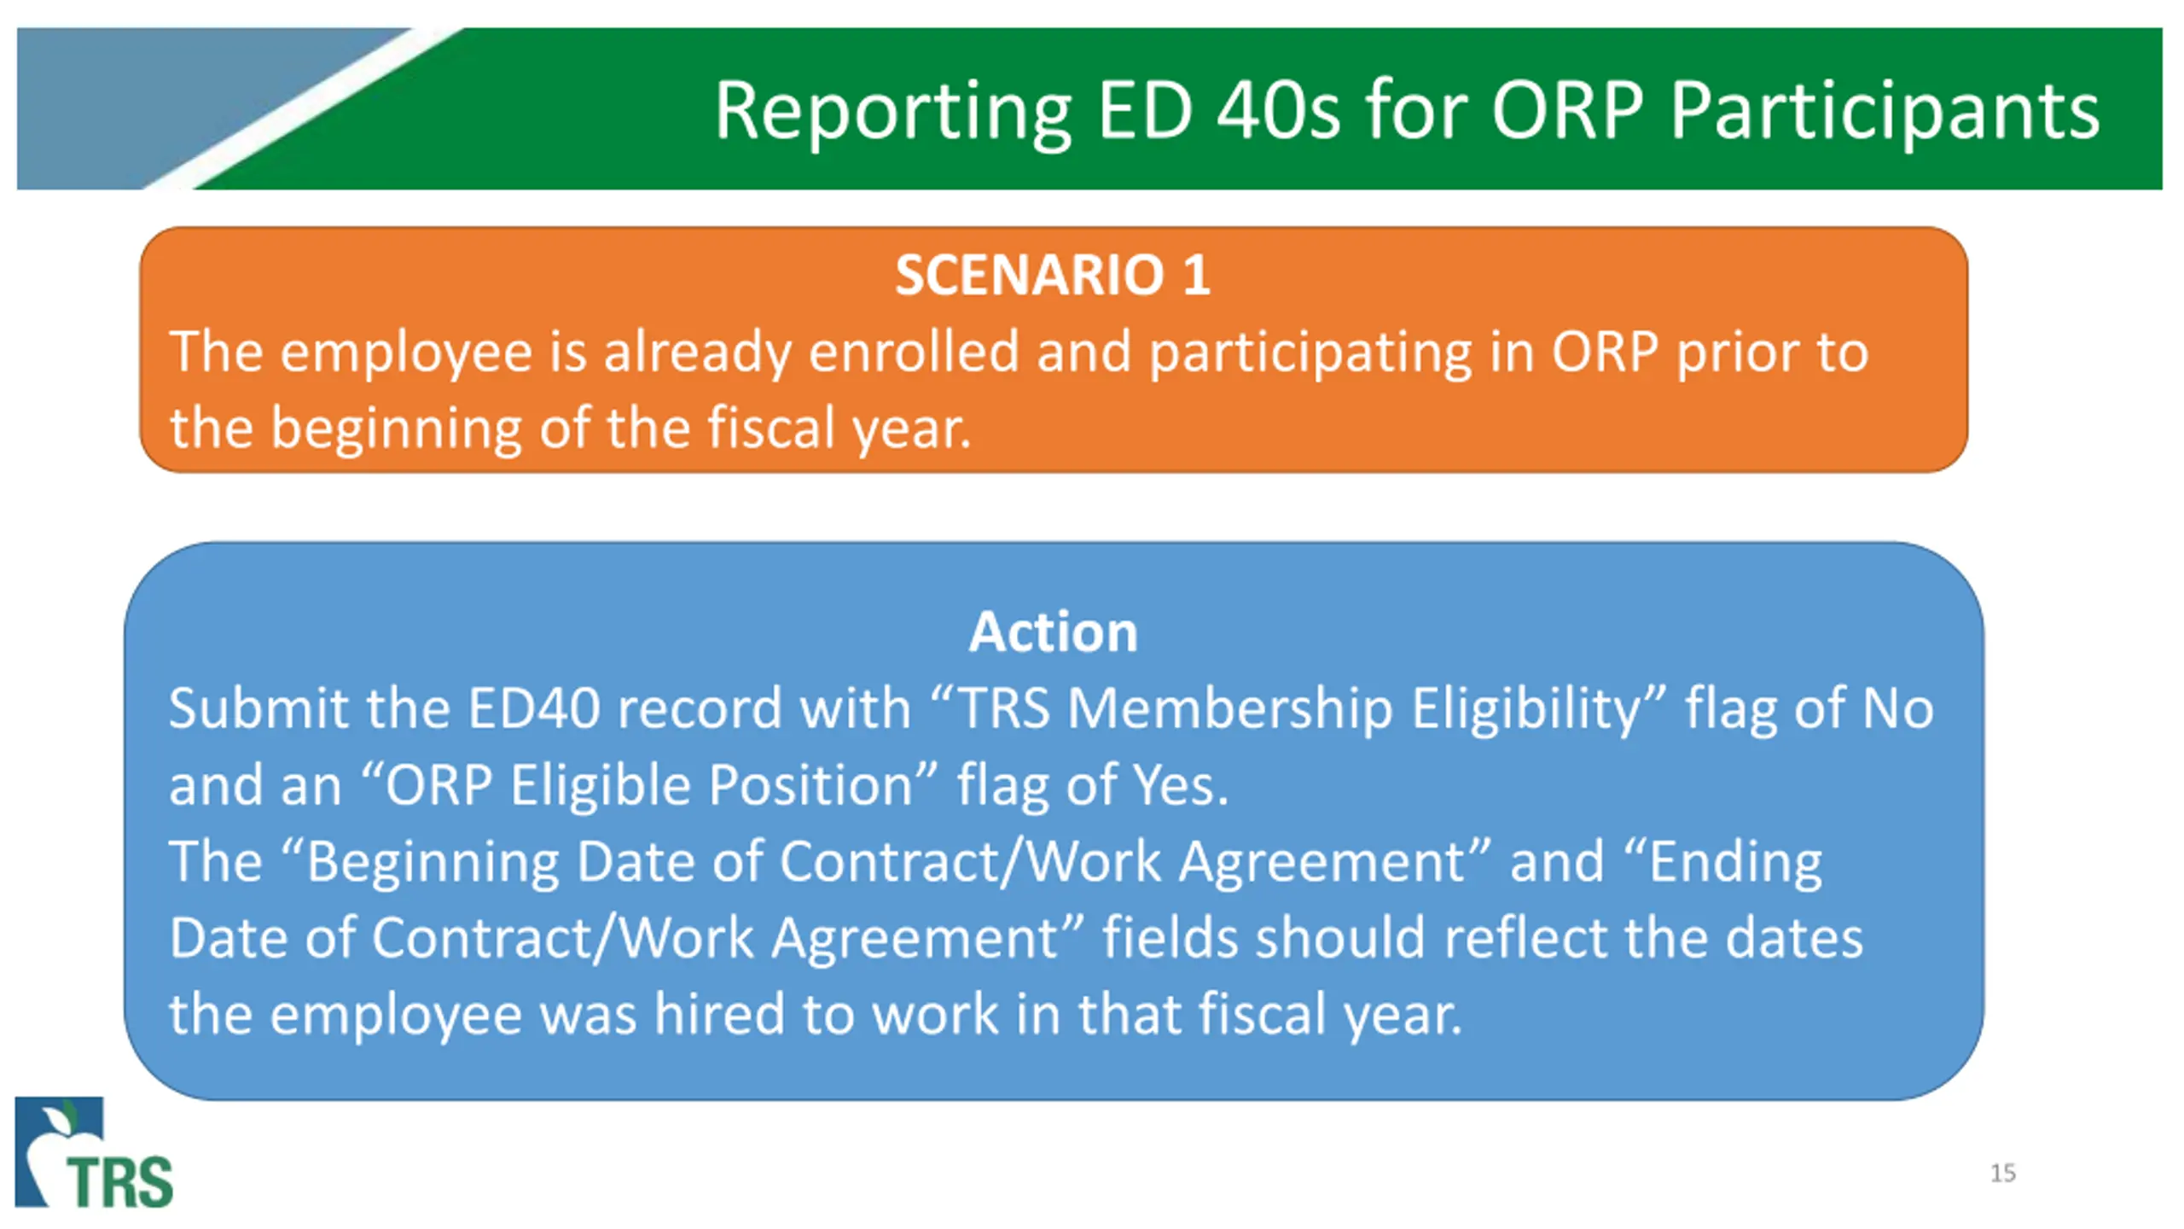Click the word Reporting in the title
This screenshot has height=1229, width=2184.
pyautogui.click(x=892, y=113)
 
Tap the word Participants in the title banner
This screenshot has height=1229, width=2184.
pyautogui.click(x=1885, y=113)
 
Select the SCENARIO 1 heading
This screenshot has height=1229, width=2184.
pyautogui.click(x=1053, y=275)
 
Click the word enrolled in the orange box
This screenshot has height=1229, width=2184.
pyautogui.click(x=913, y=351)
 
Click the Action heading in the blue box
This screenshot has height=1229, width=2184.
pyautogui.click(x=1053, y=632)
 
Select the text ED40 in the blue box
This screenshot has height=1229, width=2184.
pyautogui.click(x=534, y=708)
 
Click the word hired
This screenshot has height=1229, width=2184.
pyautogui.click(x=719, y=1014)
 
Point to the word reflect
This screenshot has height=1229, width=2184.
pyautogui.click(x=1525, y=937)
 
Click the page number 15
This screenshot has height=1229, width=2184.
pyautogui.click(x=2003, y=1174)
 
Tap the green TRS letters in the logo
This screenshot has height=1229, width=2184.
pyautogui.click(x=120, y=1182)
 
